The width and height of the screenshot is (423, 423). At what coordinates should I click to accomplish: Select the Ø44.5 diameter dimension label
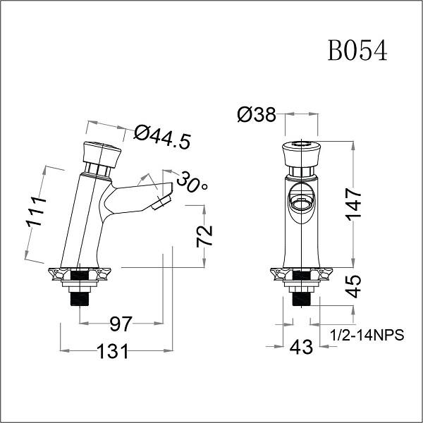coord(162,136)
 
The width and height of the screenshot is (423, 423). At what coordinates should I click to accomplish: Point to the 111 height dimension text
coord(36,211)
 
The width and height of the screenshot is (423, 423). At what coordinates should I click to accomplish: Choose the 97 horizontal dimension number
coord(121,324)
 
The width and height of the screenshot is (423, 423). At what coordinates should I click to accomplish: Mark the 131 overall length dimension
coord(114,350)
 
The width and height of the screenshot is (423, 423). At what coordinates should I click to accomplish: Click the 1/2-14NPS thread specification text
coord(367,336)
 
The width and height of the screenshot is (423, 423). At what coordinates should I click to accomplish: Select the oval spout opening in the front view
coord(301,200)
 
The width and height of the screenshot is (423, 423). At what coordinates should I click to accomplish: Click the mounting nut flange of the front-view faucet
coord(301,274)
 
